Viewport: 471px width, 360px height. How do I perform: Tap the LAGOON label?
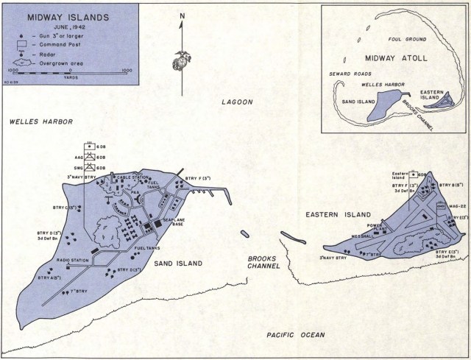237,102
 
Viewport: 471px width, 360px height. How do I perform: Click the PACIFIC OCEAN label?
295,335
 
